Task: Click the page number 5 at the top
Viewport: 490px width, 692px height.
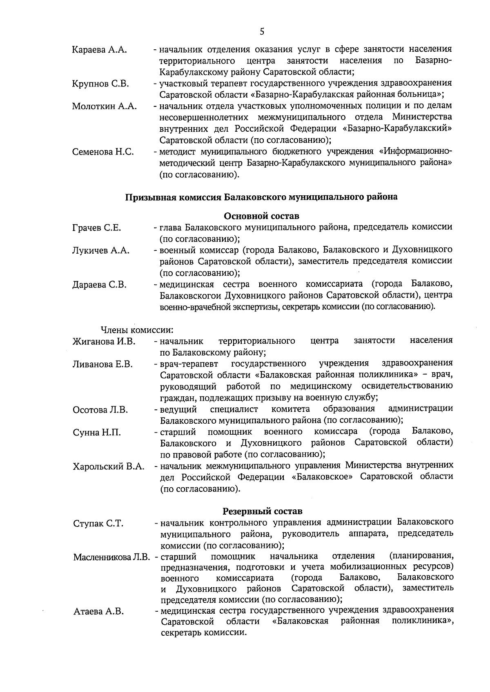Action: point(262,31)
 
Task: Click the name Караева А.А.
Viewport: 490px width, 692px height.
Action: point(99,50)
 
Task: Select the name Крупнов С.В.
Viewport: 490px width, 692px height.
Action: point(100,84)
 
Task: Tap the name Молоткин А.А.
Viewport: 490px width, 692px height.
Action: point(105,106)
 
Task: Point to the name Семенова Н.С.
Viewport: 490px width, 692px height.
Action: point(103,152)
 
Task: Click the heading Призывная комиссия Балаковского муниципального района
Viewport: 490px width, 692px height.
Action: point(261,197)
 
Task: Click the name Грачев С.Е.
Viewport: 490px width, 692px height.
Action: point(96,228)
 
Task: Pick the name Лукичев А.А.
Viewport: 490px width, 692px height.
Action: point(101,251)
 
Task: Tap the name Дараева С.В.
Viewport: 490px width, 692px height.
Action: point(99,285)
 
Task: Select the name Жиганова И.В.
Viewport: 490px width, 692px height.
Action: point(104,341)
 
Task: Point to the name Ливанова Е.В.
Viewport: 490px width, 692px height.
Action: point(102,364)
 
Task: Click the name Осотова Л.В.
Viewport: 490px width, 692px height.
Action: point(100,410)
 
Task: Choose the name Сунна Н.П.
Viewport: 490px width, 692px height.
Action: point(97,433)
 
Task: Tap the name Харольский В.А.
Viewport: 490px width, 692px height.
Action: point(108,467)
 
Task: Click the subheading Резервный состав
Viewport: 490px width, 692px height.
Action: point(262,511)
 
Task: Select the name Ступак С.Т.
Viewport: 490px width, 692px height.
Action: point(98,524)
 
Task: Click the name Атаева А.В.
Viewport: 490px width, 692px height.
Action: point(98,612)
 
